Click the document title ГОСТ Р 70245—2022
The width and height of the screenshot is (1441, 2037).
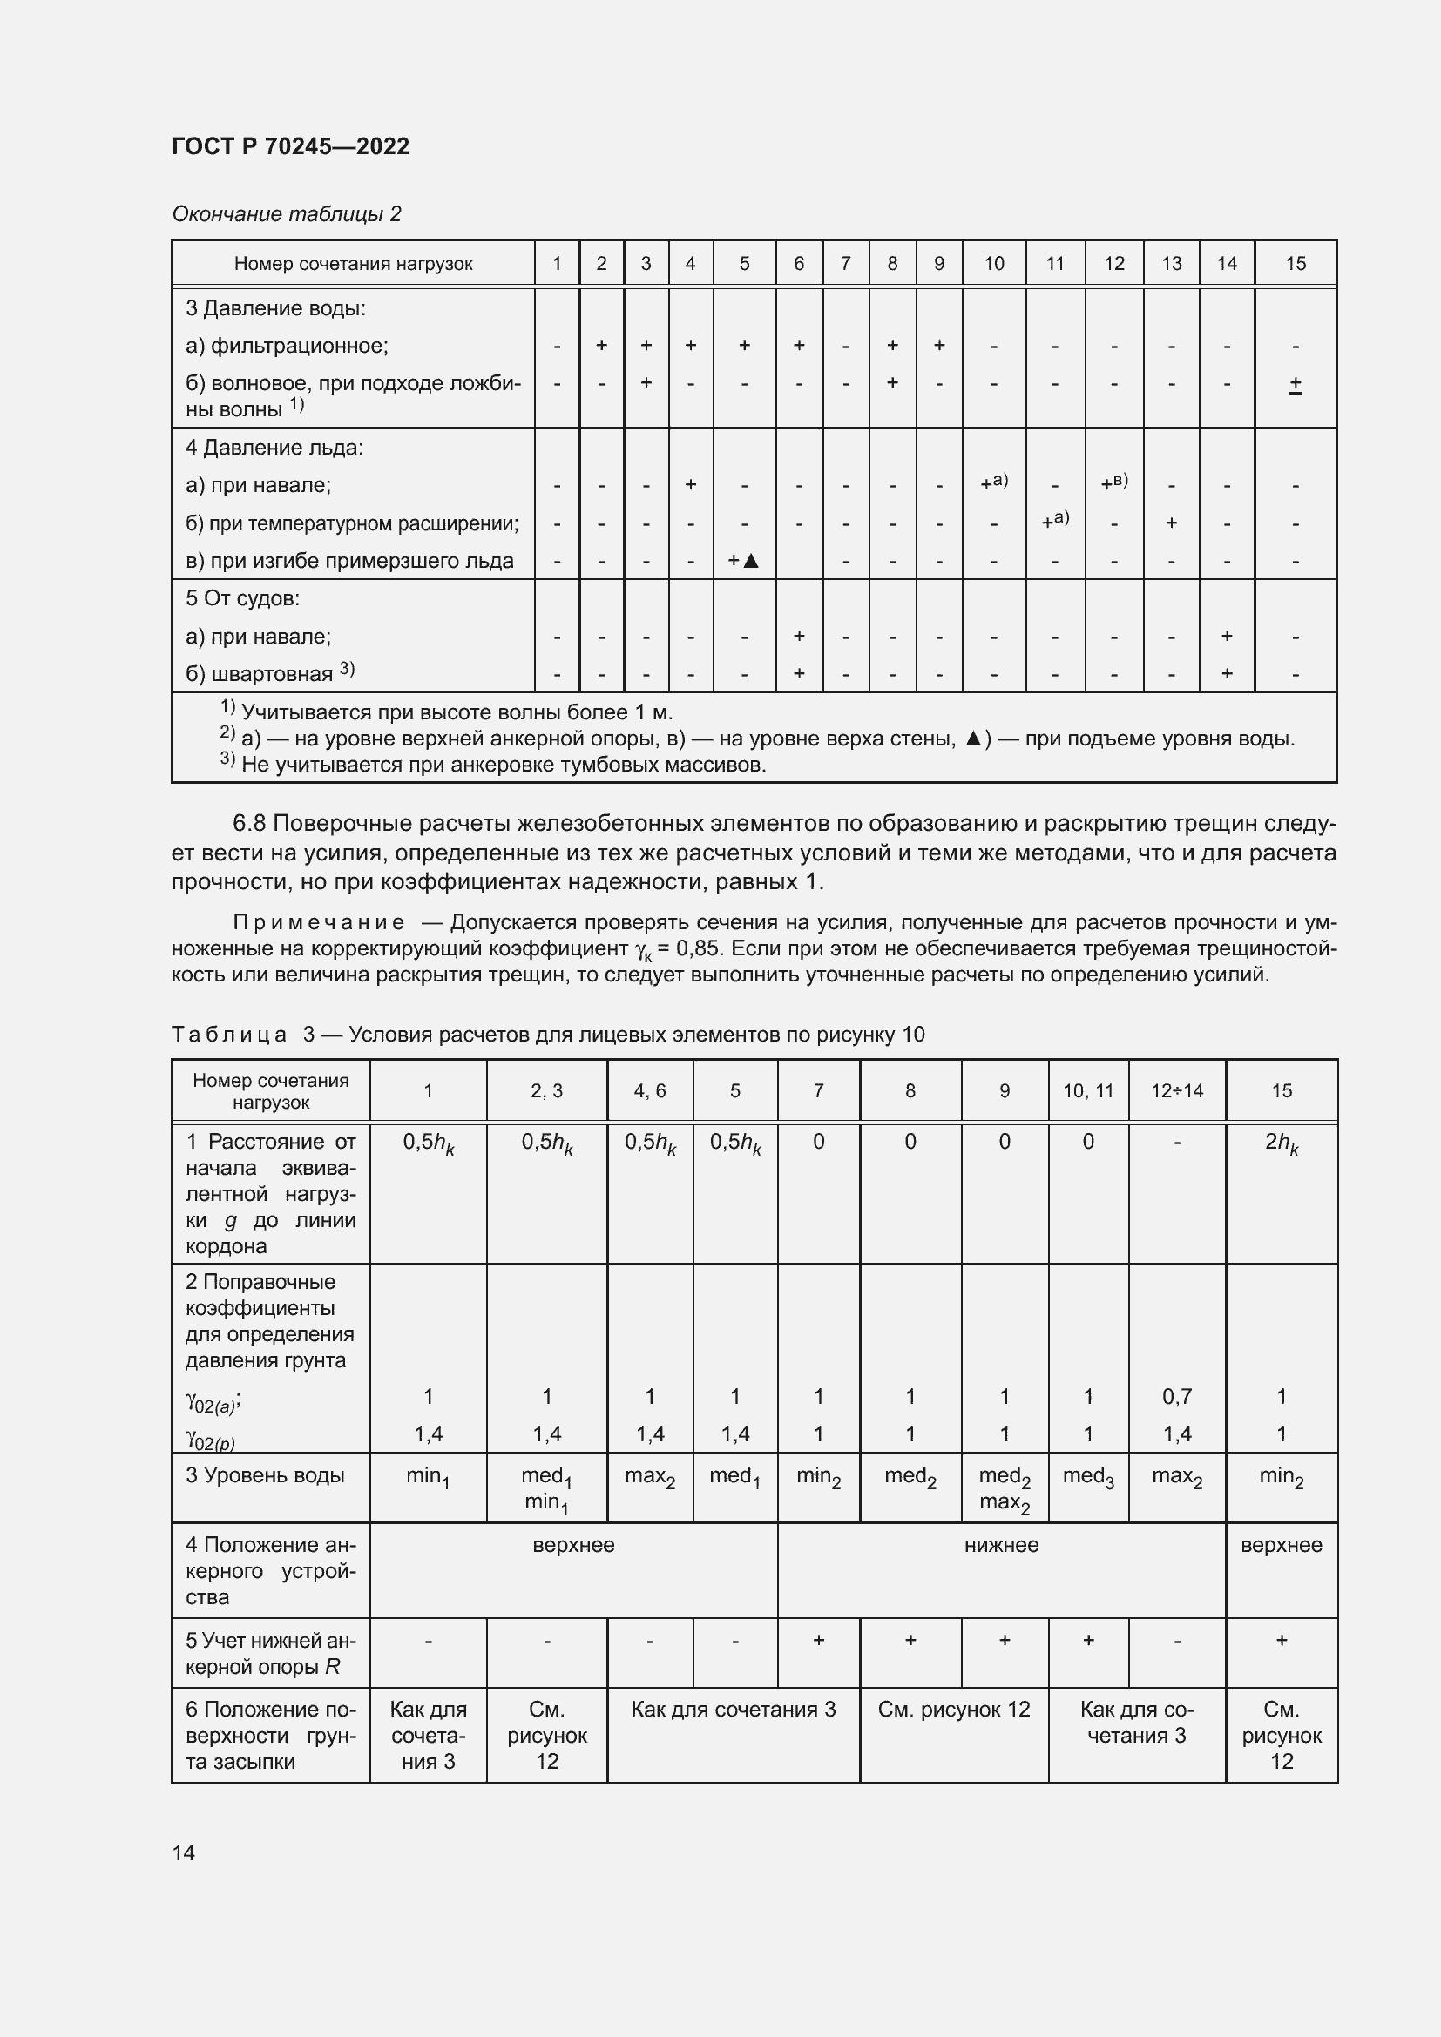290,146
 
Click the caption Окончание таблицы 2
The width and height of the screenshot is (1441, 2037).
286,214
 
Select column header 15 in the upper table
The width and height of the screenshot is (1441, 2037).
1295,264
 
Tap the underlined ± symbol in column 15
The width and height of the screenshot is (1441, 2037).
1295,384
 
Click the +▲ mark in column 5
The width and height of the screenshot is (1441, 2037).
743,561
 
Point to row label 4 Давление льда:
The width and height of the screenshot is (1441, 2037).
274,448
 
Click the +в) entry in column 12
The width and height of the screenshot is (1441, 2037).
1113,483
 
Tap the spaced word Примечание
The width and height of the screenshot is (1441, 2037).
318,922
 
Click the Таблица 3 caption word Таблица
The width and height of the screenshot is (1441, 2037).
229,1035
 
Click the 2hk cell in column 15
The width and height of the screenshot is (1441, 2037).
1281,1143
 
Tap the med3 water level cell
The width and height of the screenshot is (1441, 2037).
1087,1477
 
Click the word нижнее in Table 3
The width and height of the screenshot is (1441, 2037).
1001,1545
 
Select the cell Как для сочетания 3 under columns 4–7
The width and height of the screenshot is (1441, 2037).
733,1709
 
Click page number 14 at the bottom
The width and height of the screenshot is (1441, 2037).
184,1852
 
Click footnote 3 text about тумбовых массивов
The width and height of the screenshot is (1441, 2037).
502,765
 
